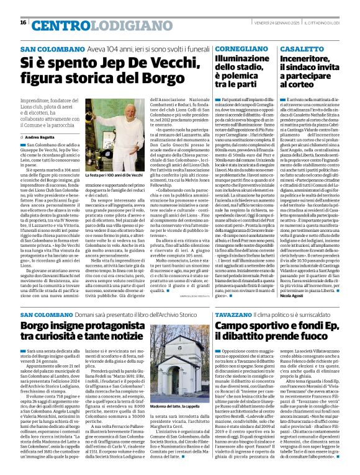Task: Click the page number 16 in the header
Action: click(x=23, y=22)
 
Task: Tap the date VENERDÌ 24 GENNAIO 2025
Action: click(x=264, y=23)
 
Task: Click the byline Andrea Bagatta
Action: click(x=41, y=136)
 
